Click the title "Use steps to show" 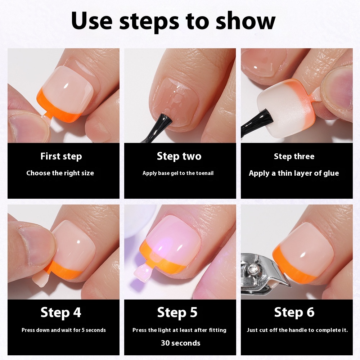173,21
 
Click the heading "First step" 61,157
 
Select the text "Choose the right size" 60,173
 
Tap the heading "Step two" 179,156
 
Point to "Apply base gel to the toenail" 178,173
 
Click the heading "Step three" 294,157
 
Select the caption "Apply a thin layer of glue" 294,173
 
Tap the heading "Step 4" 61,312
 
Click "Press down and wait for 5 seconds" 64,330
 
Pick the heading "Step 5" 177,312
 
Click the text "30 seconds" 181,343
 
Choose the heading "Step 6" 294,312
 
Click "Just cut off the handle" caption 297,330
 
